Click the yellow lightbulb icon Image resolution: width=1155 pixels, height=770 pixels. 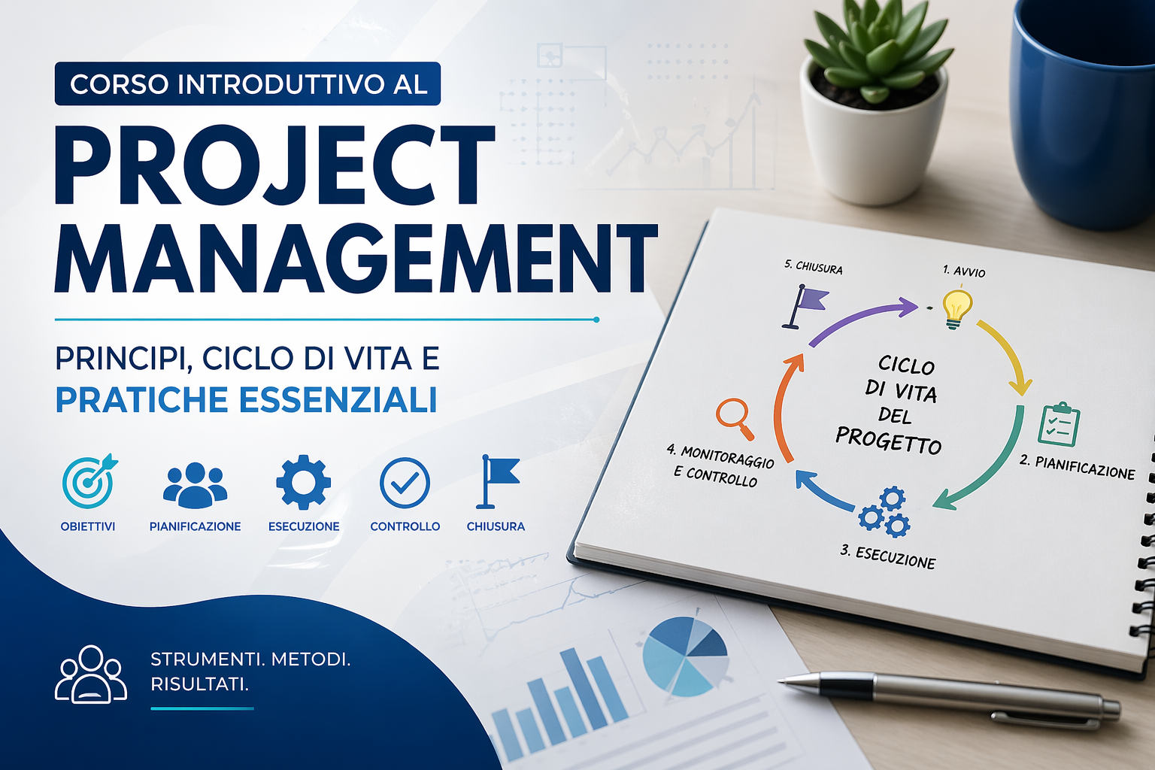click(x=957, y=309)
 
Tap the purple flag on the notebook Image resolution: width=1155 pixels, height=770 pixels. click(x=805, y=306)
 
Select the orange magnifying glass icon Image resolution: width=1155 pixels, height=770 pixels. click(x=735, y=418)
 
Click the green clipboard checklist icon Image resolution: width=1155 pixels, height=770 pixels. click(x=1059, y=424)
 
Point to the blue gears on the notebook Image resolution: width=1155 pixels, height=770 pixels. click(x=885, y=511)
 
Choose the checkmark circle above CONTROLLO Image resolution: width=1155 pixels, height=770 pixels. click(x=405, y=483)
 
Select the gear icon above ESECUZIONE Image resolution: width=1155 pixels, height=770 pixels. click(x=303, y=482)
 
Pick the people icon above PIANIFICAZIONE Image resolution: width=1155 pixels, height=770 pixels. click(x=195, y=485)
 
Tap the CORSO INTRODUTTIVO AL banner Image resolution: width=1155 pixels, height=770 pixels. click(x=247, y=84)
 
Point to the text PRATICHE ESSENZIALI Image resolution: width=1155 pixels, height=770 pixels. click(x=246, y=400)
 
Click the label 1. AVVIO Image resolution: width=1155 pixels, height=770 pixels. click(x=964, y=271)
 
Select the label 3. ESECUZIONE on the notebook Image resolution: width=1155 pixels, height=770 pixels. click(x=888, y=557)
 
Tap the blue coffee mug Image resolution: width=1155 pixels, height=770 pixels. click(x=1083, y=108)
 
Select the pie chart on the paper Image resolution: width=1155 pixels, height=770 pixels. click(x=686, y=655)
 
